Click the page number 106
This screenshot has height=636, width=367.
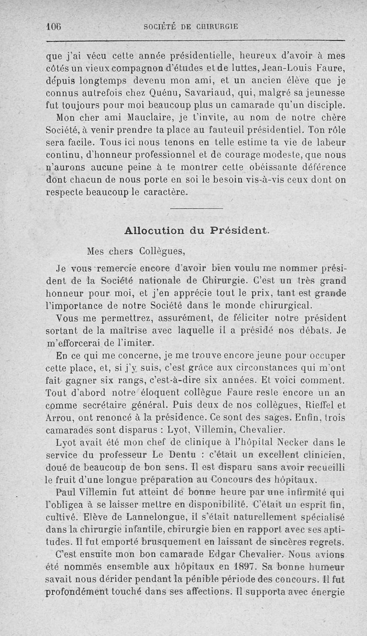coord(54,26)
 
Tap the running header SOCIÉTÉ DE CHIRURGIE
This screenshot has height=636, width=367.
coord(190,27)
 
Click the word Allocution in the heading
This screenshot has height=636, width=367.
coord(154,230)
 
